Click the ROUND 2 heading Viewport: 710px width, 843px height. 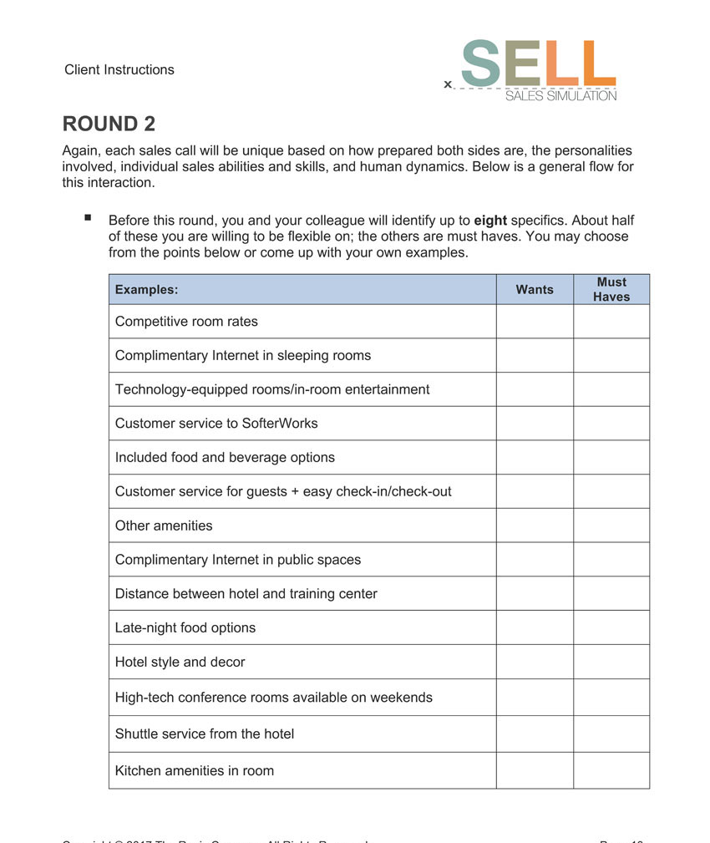[x=109, y=124]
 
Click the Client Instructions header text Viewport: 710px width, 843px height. [x=119, y=69]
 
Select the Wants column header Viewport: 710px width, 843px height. [x=535, y=290]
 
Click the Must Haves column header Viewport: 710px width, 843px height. [x=611, y=289]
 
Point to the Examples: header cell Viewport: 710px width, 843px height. [x=147, y=290]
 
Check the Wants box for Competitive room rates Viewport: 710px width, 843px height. [x=535, y=322]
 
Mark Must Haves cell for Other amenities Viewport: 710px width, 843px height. [x=611, y=526]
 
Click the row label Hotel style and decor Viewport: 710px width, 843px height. [x=180, y=662]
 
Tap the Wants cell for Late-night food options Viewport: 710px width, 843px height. [x=535, y=627]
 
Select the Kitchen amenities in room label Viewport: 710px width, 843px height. [x=195, y=770]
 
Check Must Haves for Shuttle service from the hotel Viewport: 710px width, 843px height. [x=611, y=734]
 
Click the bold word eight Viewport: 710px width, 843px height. [x=490, y=221]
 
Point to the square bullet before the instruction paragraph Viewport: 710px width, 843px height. [x=88, y=218]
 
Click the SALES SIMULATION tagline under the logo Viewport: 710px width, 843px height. [x=560, y=96]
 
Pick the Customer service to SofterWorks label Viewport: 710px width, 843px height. [x=216, y=423]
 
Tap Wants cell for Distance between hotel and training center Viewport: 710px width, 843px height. [x=535, y=593]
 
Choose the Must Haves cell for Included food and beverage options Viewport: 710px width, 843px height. [x=611, y=457]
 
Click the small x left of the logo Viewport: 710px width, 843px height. [x=448, y=84]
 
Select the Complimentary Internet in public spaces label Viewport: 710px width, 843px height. [x=238, y=560]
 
